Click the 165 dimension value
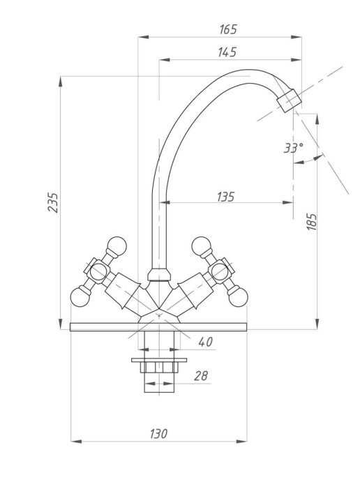(228, 29)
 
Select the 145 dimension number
(227, 52)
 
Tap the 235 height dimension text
(53, 202)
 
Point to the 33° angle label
(294, 148)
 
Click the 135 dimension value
(226, 197)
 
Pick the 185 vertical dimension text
(311, 222)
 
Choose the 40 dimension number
(205, 342)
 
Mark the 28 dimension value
(201, 375)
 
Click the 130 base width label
(158, 433)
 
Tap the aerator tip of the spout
(289, 100)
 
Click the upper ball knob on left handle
(117, 246)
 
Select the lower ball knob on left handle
(80, 297)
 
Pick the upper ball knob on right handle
(201, 246)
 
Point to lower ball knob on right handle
(238, 297)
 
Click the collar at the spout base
(159, 275)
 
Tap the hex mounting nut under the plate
(159, 367)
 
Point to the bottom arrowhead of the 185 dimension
(317, 324)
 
